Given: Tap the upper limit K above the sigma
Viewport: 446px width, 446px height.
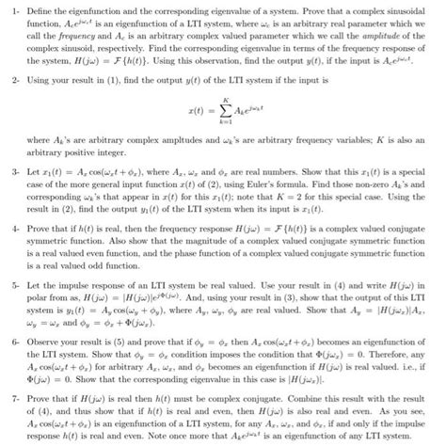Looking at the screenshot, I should (x=225, y=101).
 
